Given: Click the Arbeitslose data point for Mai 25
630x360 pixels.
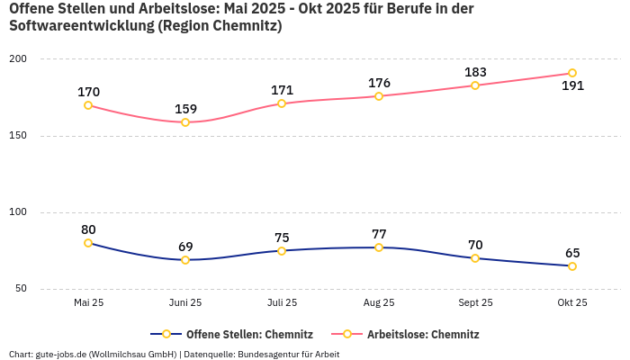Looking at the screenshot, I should pos(88,105).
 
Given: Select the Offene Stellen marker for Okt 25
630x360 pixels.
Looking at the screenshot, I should pos(572,266).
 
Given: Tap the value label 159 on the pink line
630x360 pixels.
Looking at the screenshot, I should pos(185,109).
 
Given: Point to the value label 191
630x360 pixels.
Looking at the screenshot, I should pos(572,86).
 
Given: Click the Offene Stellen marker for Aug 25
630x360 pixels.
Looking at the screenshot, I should pos(379,247).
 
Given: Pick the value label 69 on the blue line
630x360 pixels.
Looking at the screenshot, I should pos(185,247).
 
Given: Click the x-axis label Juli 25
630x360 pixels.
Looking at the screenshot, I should pos(282,303).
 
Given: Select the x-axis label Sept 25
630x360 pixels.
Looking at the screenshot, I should pos(475,303).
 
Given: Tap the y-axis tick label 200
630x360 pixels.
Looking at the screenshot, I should pos(18,59).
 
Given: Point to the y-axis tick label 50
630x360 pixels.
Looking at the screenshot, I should pos(21,289).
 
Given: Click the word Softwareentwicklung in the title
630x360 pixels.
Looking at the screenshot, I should pos(80,26).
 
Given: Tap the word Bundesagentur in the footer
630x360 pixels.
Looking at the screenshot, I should pos(267,355).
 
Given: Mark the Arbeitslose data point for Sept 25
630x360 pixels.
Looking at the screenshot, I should pos(475,85).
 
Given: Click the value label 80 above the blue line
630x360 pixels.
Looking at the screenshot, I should pos(88,229).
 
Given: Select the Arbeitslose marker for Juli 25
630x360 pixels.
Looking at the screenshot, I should pos(282,103).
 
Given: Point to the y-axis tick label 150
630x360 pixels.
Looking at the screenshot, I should pos(18,136).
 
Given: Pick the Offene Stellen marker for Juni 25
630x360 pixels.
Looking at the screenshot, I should pos(185,260).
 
